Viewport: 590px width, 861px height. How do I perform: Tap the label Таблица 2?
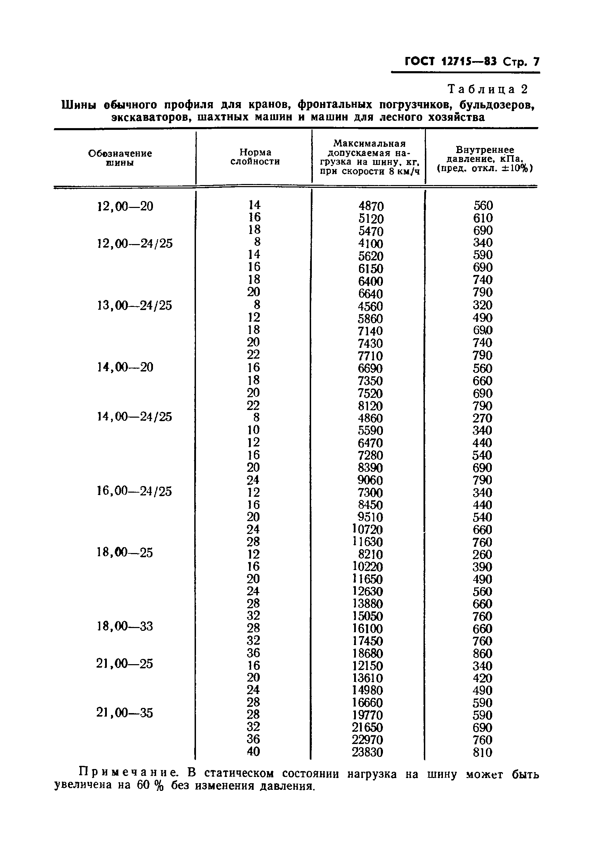(487, 89)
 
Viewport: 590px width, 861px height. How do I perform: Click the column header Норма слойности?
(255, 157)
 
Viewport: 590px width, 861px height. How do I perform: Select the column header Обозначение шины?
(120, 158)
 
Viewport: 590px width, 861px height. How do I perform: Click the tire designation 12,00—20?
(125, 206)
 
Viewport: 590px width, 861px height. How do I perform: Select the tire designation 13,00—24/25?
(134, 305)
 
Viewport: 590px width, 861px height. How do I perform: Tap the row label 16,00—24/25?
(134, 491)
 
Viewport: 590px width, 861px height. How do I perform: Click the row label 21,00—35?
(125, 713)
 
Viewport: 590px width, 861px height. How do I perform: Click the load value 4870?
(371, 206)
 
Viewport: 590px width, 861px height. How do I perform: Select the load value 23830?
(367, 752)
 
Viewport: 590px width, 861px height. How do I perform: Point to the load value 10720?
(367, 529)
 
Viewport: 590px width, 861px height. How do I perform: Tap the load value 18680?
(367, 653)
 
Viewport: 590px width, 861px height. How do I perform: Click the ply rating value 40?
(254, 751)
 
